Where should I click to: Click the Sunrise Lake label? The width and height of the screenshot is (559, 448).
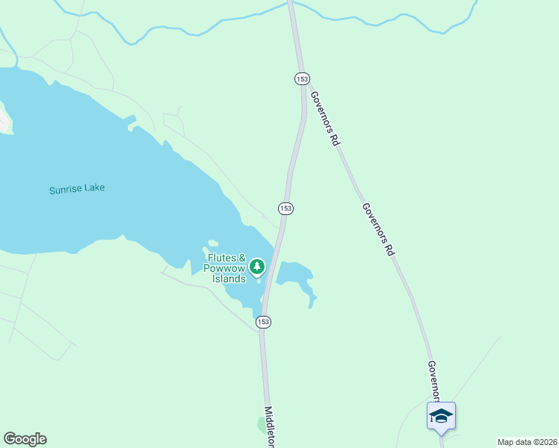click(77, 189)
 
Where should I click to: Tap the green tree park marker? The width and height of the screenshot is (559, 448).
click(257, 267)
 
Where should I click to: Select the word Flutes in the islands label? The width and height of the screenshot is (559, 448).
click(222, 259)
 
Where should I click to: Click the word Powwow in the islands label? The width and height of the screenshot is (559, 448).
click(224, 269)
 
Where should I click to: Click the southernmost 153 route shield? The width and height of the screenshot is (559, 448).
click(262, 322)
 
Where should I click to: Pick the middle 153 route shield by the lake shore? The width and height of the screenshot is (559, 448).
click(285, 208)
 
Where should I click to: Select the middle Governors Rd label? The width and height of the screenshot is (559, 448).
click(377, 230)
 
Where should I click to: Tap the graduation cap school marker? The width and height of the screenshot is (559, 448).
click(441, 415)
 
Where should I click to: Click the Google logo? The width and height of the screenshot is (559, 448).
click(25, 439)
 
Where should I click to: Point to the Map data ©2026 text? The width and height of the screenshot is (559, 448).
click(527, 442)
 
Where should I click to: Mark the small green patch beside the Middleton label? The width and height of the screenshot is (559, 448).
click(261, 423)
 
